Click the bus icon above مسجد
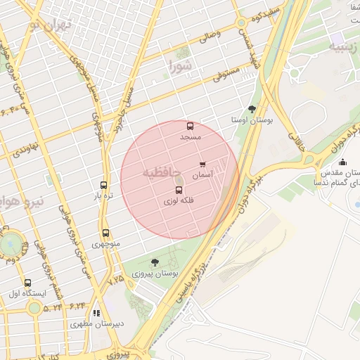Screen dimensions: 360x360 [x=190, y=127]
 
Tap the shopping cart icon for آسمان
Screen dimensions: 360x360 [x=202, y=165]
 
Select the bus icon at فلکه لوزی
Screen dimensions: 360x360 [x=178, y=191]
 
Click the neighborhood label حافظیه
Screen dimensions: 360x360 [x=162, y=172]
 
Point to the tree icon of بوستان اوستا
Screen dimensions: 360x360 [x=252, y=109]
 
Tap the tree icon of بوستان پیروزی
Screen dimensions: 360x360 [x=155, y=262]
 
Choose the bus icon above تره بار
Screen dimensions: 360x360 [x=104, y=185]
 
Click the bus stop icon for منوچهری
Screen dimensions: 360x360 [x=105, y=233]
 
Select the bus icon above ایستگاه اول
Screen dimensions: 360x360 [x=27, y=283]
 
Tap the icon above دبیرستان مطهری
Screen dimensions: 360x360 [x=96, y=314]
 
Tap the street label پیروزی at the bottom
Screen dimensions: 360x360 [x=129, y=348]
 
